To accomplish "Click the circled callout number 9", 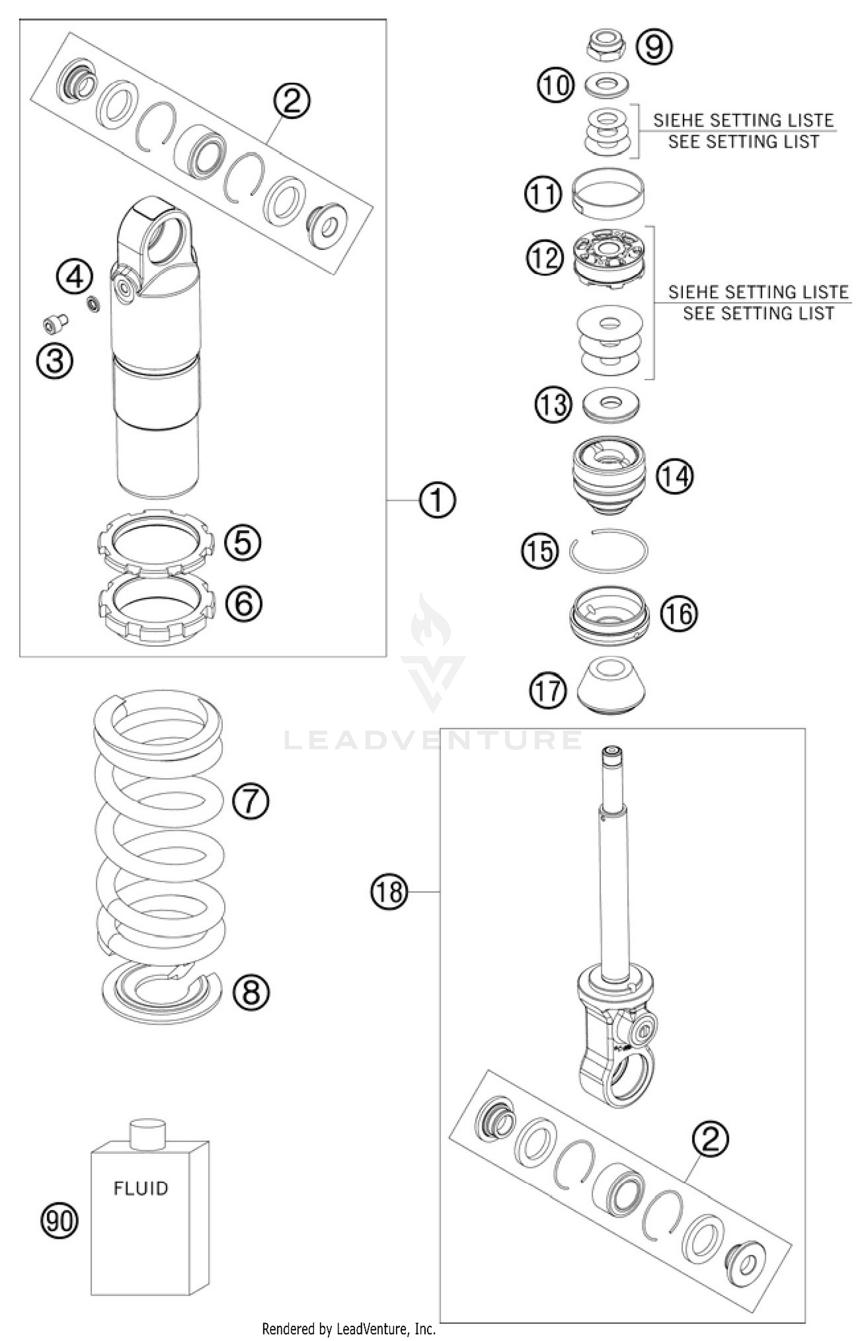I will click(x=654, y=46).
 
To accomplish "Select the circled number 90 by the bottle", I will click(x=59, y=1221).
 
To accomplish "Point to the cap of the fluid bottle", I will click(x=147, y=1134).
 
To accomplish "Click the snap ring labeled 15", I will click(x=608, y=551).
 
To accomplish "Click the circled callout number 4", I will click(x=74, y=278).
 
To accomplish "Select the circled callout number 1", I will click(x=437, y=500).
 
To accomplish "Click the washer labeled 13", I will click(x=611, y=404).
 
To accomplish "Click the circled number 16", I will click(x=679, y=613).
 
